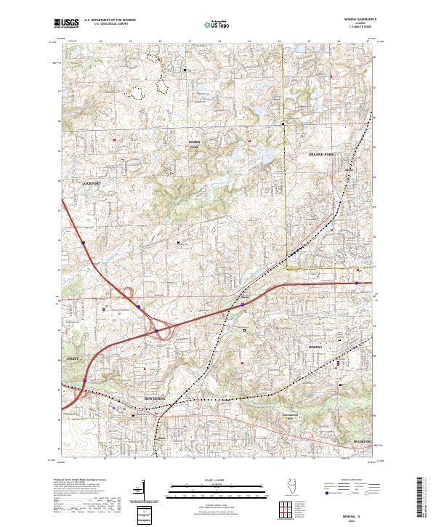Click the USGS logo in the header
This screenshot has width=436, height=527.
pyautogui.click(x=66, y=23)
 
